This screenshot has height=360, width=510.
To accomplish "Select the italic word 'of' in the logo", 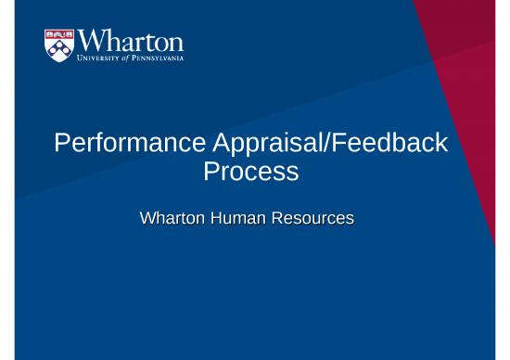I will coord(132,60).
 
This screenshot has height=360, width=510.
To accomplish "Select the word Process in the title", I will coord(253,173).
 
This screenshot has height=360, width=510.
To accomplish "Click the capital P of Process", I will coord(210,173).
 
